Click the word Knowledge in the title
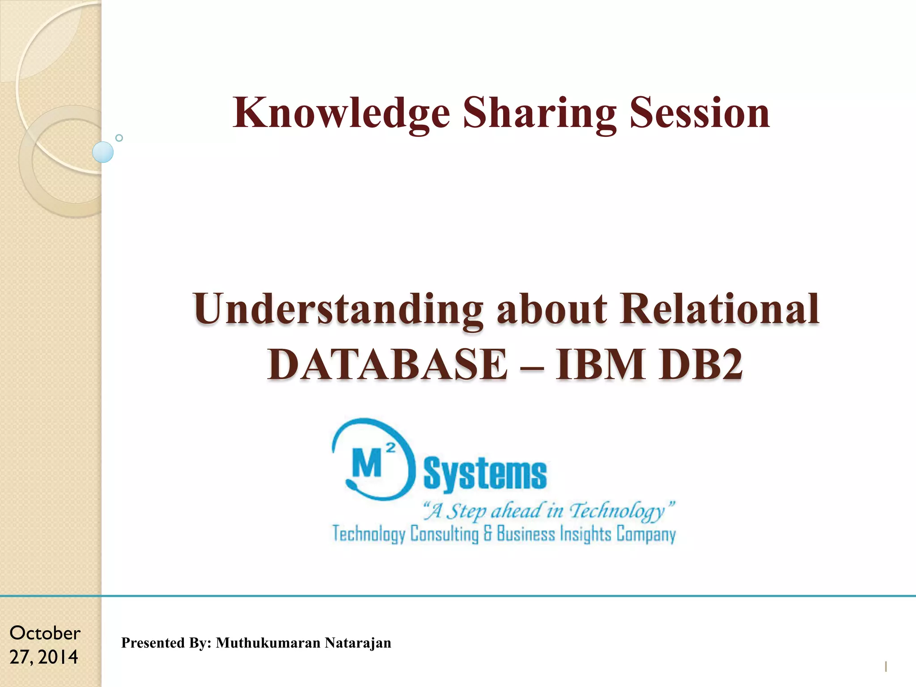tap(341, 114)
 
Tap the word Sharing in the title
tap(539, 114)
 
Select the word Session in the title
tap(700, 114)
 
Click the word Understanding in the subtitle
tap(338, 310)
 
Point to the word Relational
tap(720, 310)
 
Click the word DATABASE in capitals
tap(388, 364)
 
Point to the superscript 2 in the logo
tap(390, 448)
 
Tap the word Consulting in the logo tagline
tap(444, 534)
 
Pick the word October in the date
tap(45, 633)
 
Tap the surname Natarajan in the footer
tap(358, 643)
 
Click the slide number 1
tap(886, 667)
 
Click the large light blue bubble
tap(103, 152)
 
